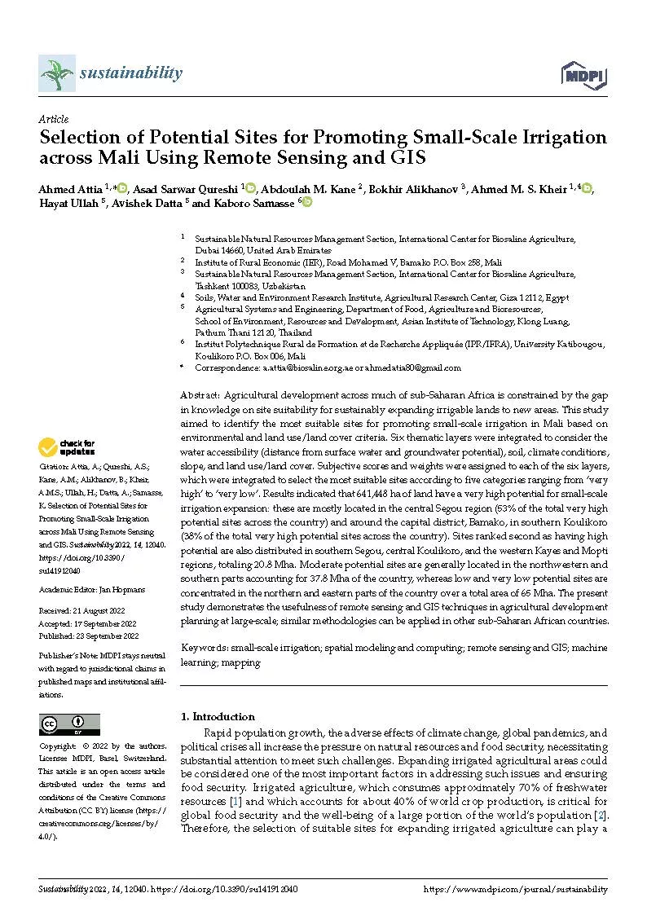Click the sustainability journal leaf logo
(56, 74)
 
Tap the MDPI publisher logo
(584, 76)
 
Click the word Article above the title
(54, 119)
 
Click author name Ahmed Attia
(70, 189)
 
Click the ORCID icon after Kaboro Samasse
(307, 202)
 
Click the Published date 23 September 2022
(109, 636)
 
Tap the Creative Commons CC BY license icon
(70, 724)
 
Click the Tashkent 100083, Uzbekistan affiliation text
(250, 286)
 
